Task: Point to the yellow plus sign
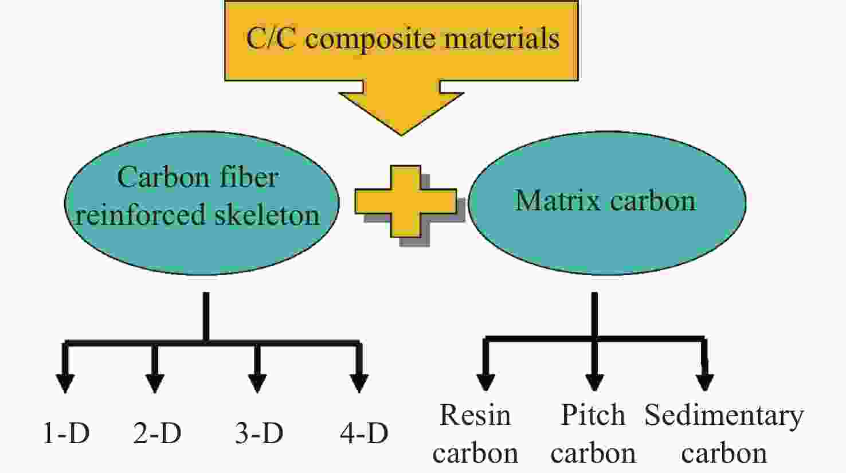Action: pos(406,201)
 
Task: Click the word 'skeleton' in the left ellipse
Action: pos(268,214)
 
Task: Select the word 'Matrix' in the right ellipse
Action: pos(558,200)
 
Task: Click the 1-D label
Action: pos(66,433)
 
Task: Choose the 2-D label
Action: pos(157,433)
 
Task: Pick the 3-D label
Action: pos(259,433)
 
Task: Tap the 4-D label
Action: pos(364,433)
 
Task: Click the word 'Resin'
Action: pos(475,415)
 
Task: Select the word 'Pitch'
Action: pos(593,415)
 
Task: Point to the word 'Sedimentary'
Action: pos(724,416)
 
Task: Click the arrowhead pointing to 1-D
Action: pos(65,384)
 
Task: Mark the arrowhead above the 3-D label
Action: pos(257,384)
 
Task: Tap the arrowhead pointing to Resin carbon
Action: pos(485,382)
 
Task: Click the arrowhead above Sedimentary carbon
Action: pos(705,382)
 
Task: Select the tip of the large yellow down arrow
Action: pos(401,135)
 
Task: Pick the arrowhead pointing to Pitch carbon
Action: pos(594,382)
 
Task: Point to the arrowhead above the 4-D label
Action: pos(359,384)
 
